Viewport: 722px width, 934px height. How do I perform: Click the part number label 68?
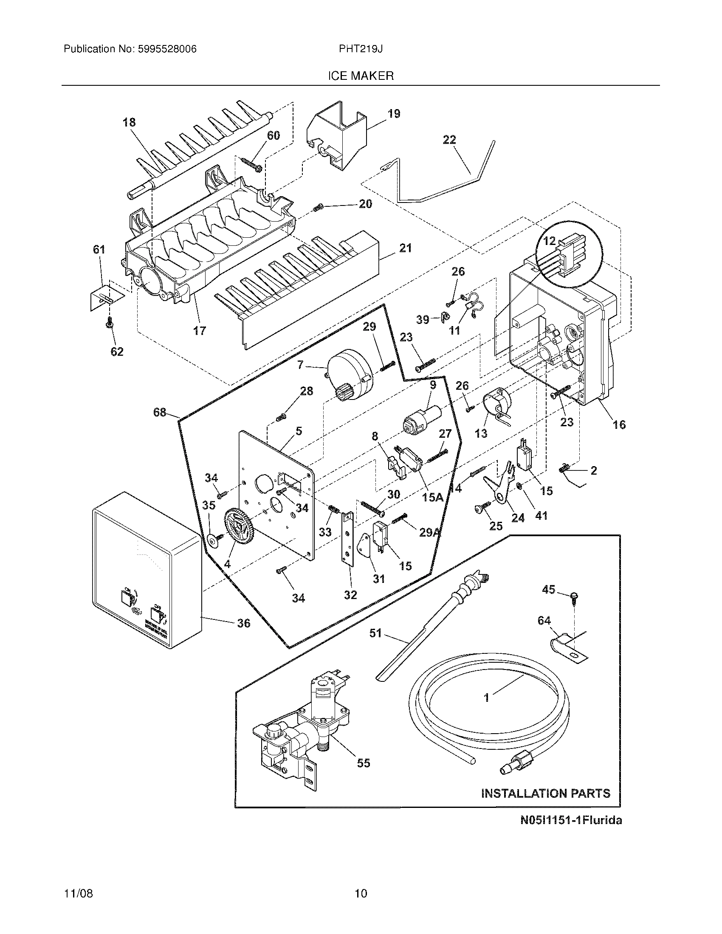[160, 413]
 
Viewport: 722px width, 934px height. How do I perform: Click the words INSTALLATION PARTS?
[545, 793]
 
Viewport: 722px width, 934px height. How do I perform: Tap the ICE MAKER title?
[361, 76]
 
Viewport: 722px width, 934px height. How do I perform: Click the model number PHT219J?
[361, 49]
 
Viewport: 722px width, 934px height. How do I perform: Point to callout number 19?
[394, 114]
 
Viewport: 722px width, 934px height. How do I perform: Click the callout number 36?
[244, 623]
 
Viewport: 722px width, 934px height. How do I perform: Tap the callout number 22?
[449, 140]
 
